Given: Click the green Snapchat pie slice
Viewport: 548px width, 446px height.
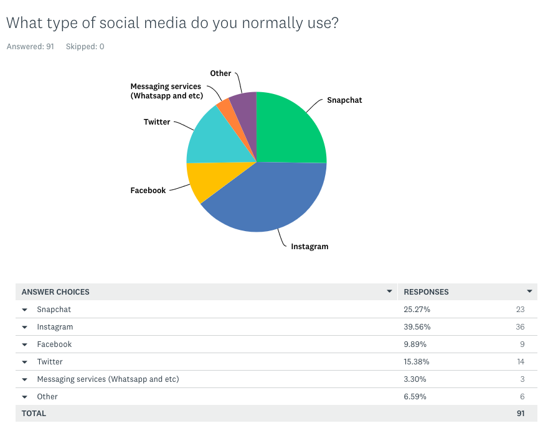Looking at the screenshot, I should point(290,128).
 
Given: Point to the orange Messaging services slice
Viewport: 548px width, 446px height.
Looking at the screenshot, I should point(225,110).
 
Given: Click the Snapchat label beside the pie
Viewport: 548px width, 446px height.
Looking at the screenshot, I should point(344,100).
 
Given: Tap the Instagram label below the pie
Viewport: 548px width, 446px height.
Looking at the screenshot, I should point(309,247).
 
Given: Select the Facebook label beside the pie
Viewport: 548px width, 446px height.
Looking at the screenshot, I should point(148,191).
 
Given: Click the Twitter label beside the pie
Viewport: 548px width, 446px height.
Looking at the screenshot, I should point(157,122).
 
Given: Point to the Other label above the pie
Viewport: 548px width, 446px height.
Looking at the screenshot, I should point(220,74).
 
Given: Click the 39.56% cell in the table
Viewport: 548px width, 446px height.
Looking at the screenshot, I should point(417,327).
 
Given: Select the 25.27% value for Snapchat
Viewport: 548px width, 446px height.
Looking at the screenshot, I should point(417,310).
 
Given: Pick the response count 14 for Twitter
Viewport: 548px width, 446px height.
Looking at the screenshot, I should point(520,362).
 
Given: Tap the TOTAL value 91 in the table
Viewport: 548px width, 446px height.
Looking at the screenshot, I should point(520,414).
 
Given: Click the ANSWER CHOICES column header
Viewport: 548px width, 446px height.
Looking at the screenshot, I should point(55,292).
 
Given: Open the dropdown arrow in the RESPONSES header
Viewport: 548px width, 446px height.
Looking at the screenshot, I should point(529,292).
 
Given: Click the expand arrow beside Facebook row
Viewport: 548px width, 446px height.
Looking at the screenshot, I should point(25,344).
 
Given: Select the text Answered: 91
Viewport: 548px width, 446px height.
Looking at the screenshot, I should point(30,47).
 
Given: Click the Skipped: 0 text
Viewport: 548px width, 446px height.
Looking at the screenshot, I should point(85,47).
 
